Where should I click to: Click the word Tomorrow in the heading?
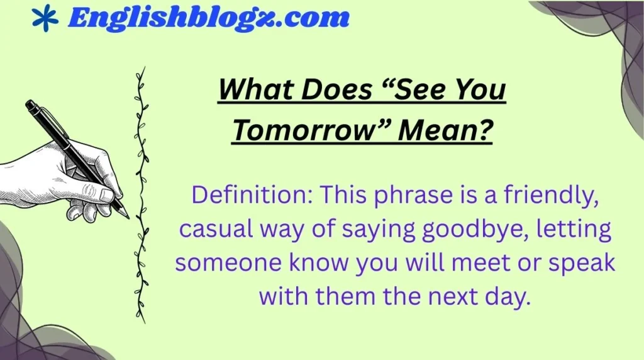(308, 130)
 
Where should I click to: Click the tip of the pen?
(128, 217)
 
